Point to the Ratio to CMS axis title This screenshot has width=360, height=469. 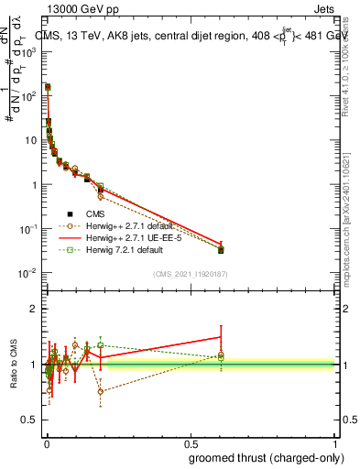point(13,365)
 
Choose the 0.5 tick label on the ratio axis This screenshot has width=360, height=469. point(29,420)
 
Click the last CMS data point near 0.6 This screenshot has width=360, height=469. point(221,249)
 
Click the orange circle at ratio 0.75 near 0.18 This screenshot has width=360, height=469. point(100,391)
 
